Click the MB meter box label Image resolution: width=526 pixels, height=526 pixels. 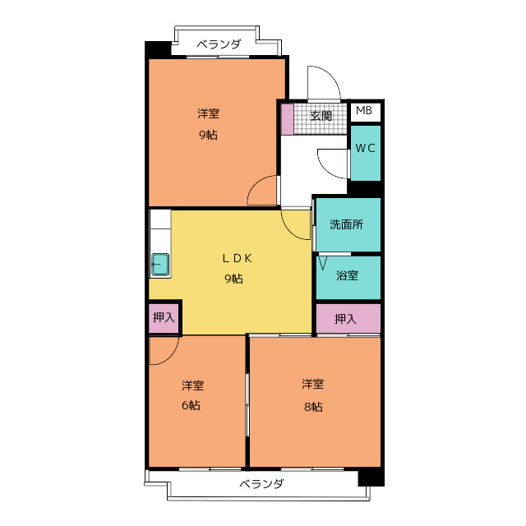point(364,110)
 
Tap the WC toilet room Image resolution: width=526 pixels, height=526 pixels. point(365,153)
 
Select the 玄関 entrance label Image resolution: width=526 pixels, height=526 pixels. point(321,116)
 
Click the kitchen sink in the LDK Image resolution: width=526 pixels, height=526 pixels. point(160,265)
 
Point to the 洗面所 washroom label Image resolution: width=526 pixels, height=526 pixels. point(346,224)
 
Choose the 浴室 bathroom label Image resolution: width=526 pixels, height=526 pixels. point(347,275)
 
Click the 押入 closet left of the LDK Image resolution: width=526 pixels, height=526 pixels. point(164,317)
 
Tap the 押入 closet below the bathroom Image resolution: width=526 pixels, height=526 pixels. point(348,319)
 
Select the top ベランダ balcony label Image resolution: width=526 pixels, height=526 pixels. point(219,44)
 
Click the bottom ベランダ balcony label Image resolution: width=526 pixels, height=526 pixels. point(261,483)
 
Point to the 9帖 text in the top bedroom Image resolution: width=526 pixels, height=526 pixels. point(208,135)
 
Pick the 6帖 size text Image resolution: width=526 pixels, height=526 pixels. point(191,405)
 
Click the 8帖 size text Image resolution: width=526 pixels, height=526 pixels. point(313,407)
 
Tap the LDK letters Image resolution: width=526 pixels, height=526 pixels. point(238,258)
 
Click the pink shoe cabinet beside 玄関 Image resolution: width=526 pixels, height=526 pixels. point(287,119)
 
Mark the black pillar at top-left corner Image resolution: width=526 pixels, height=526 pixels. point(158,49)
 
